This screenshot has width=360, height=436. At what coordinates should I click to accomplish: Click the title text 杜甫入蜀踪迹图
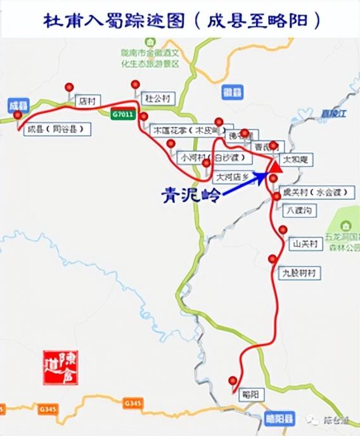(114, 20)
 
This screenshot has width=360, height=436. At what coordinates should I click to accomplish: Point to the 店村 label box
(88, 100)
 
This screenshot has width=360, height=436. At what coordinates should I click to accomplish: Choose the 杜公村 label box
(157, 98)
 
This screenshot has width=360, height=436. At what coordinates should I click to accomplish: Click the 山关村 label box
(300, 243)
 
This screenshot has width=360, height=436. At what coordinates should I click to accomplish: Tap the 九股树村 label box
(299, 273)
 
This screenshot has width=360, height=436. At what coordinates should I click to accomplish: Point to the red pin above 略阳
(233, 380)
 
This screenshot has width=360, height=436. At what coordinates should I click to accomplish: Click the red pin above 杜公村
(136, 84)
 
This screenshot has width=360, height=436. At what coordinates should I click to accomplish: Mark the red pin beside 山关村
(283, 229)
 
